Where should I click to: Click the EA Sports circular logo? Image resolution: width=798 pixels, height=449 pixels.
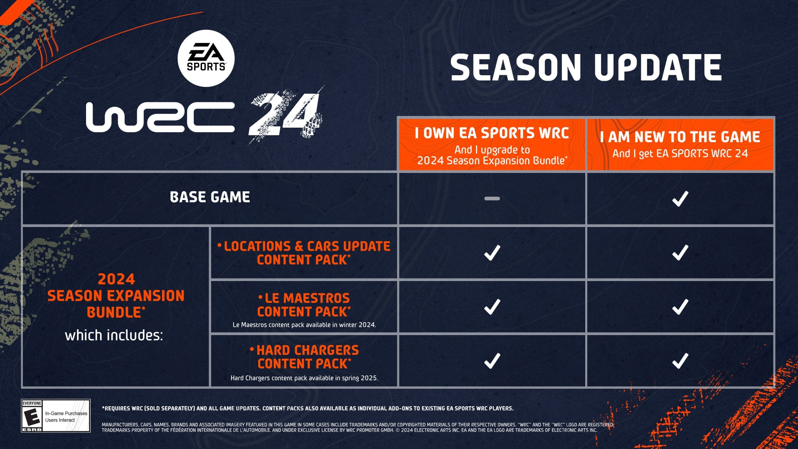coord(206,58)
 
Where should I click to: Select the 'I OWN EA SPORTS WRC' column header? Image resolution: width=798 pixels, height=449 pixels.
coord(492,133)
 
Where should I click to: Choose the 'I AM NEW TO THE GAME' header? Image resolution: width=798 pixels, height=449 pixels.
coord(680,137)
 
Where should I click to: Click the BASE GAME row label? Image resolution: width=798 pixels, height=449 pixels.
coord(210,197)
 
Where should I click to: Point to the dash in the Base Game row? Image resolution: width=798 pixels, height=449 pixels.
coord(492,199)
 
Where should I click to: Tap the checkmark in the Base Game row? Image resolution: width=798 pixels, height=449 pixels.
coord(680,199)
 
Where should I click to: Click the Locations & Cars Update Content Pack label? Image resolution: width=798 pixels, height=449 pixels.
coord(304,253)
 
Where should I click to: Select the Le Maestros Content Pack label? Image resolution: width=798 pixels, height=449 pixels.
coord(304,305)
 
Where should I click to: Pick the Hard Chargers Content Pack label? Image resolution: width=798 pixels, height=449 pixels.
coord(304,357)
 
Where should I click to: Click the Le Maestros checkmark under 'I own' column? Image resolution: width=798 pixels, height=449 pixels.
coord(492,307)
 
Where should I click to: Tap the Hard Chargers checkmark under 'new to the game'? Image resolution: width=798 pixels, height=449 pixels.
coord(680,361)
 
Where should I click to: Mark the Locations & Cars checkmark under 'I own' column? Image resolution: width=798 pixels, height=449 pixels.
coord(492,253)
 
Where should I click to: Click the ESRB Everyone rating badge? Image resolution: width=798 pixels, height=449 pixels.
coord(56,416)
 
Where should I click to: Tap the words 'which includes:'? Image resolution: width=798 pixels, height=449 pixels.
coord(114,335)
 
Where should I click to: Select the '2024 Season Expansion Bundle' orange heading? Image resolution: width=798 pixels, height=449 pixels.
coord(116,296)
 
